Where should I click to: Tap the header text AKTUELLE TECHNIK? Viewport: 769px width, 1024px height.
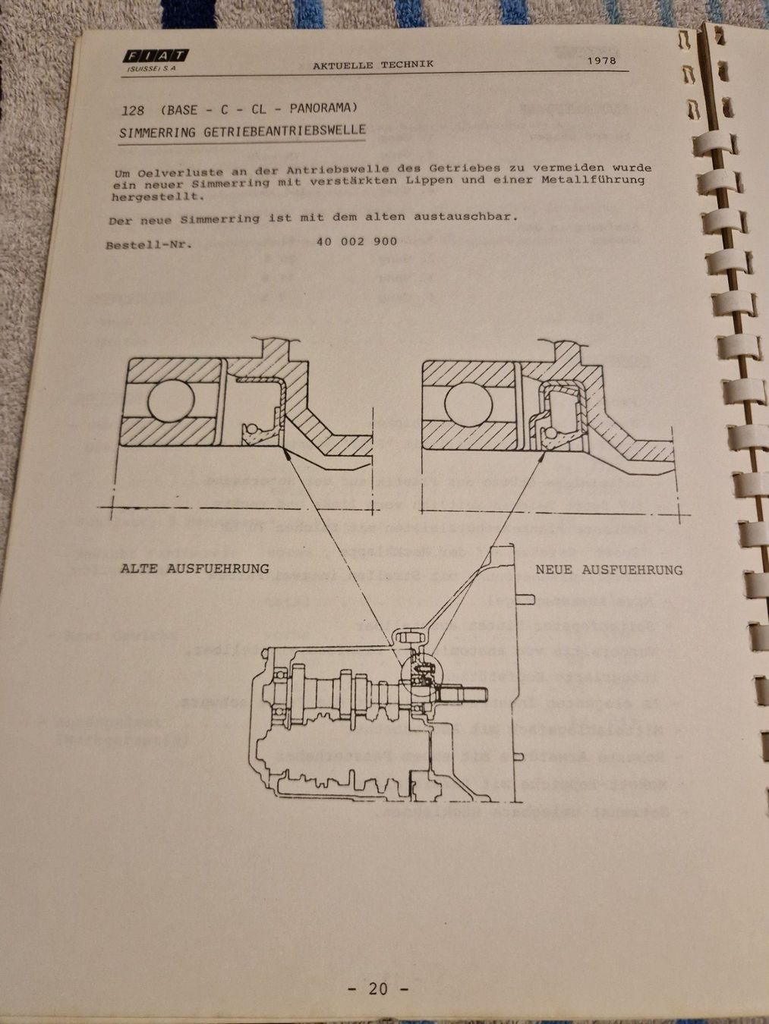[x=373, y=64]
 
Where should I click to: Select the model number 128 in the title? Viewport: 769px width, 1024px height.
[x=131, y=110]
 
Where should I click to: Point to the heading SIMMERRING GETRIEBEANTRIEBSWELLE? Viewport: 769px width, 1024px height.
[x=242, y=131]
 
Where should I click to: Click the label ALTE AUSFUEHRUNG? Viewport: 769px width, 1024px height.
[x=194, y=568]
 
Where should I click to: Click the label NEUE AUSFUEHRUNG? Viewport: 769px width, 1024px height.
[x=609, y=569]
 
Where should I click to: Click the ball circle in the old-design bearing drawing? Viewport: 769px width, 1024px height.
[x=171, y=401]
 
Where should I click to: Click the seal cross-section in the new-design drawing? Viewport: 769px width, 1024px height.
[x=560, y=413]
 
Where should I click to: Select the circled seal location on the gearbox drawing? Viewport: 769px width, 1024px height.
[x=424, y=671]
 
